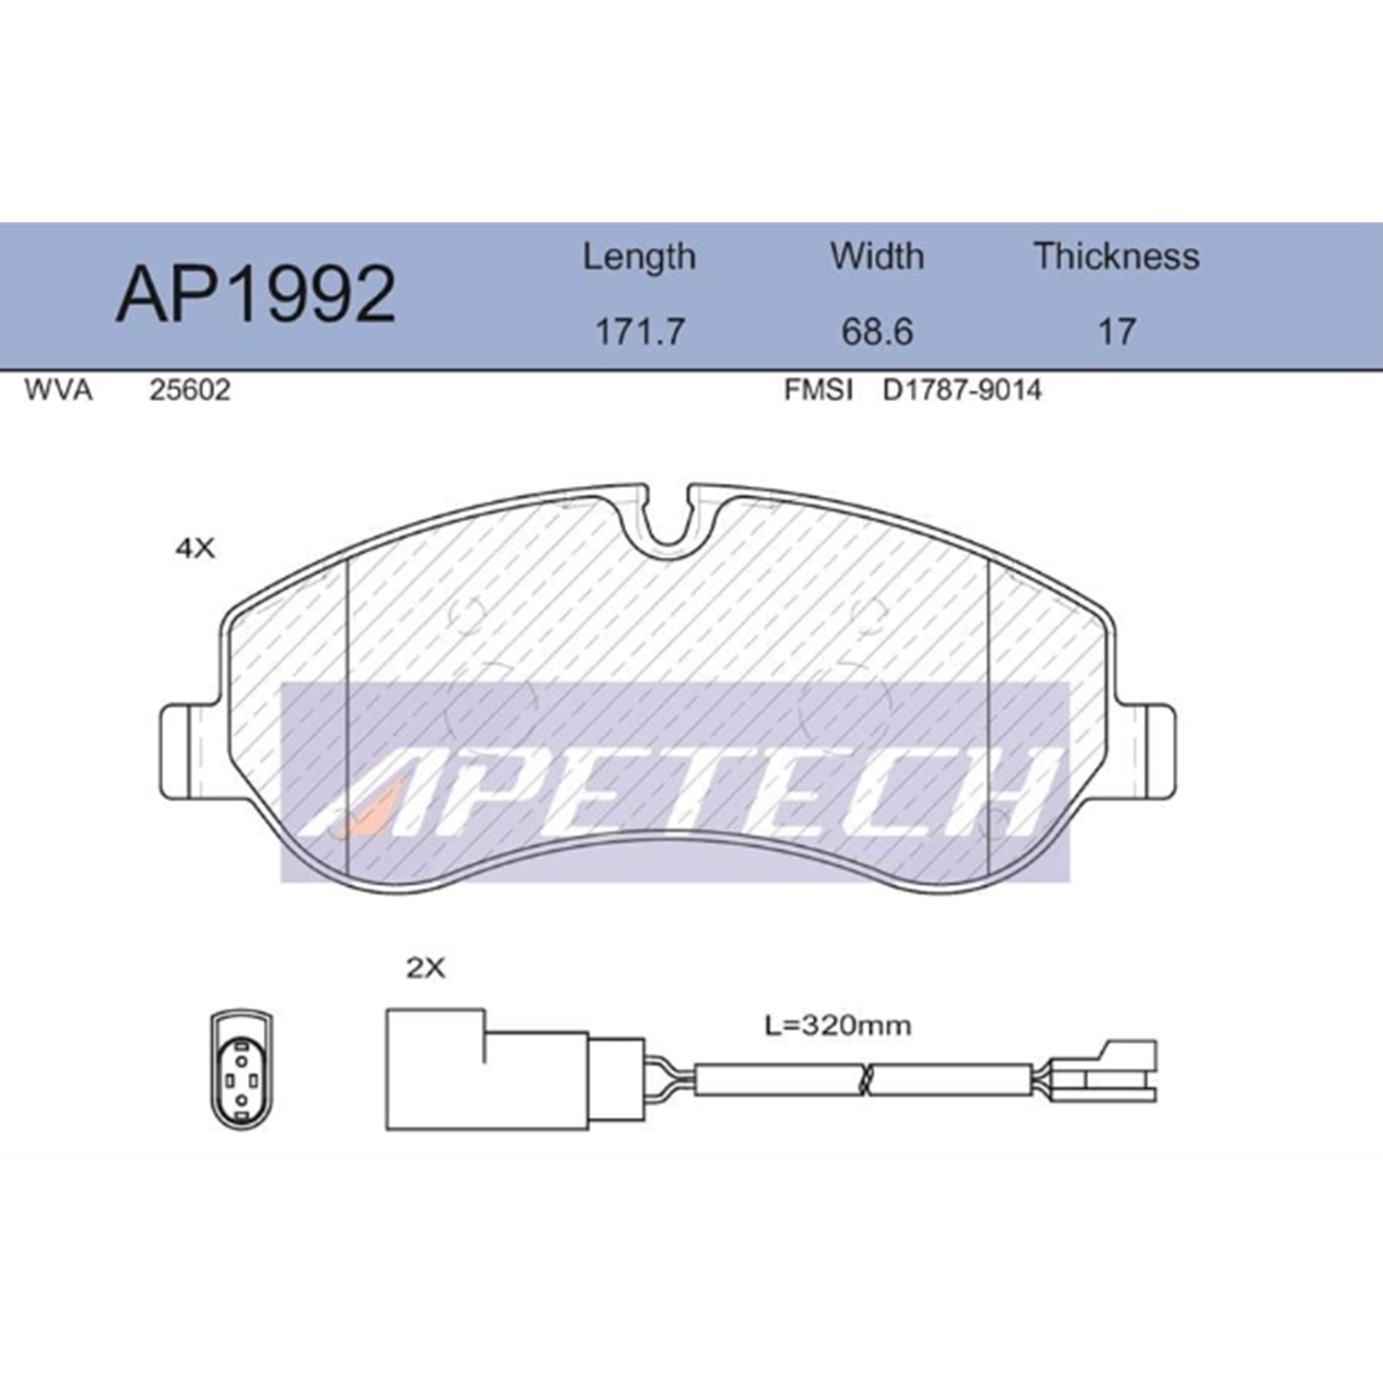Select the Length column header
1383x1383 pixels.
click(639, 257)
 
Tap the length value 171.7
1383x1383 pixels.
click(639, 331)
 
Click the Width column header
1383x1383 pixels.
click(877, 255)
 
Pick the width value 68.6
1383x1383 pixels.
click(877, 331)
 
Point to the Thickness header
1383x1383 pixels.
click(1117, 255)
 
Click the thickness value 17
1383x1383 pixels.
click(1117, 331)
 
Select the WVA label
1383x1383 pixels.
click(58, 390)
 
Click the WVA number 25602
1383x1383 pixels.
click(190, 390)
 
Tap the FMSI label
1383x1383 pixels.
click(818, 390)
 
